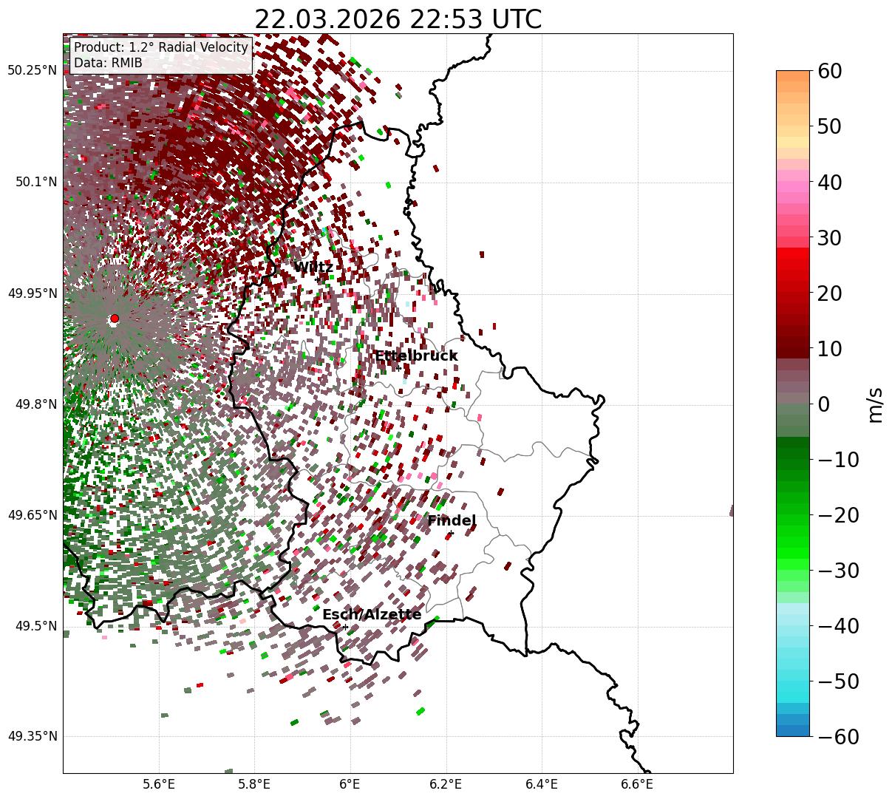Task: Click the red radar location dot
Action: [114, 319]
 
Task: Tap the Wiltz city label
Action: [313, 268]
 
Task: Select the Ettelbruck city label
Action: [416, 356]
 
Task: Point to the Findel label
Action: [452, 521]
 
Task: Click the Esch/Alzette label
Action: [372, 615]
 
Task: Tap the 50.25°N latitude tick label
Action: [33, 71]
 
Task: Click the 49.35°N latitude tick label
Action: [33, 737]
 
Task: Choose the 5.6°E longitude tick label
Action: [159, 784]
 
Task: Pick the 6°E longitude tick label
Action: [350, 784]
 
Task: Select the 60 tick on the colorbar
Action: [831, 71]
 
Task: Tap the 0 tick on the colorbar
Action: [823, 404]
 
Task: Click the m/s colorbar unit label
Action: [875, 404]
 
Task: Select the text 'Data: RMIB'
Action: [108, 63]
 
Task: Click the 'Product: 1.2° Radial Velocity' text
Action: [161, 47]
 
